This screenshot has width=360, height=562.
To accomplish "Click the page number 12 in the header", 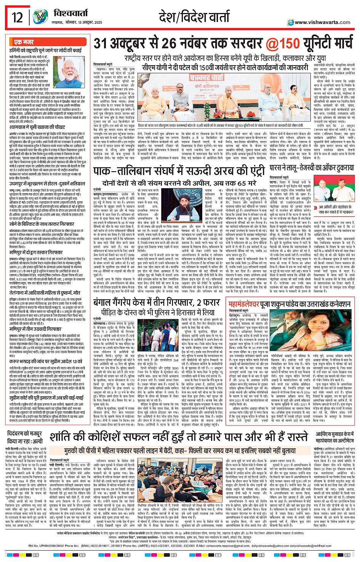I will [17, 17].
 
